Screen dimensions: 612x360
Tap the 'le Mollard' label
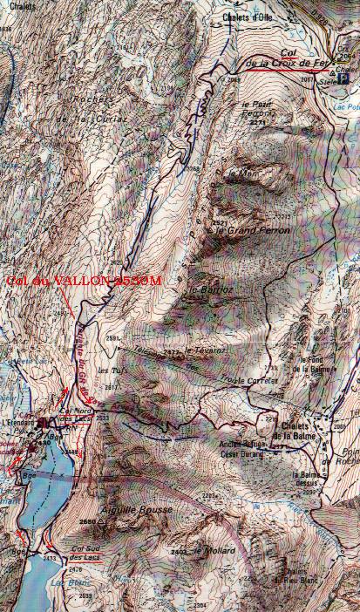pyautogui.click(x=211, y=551)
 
